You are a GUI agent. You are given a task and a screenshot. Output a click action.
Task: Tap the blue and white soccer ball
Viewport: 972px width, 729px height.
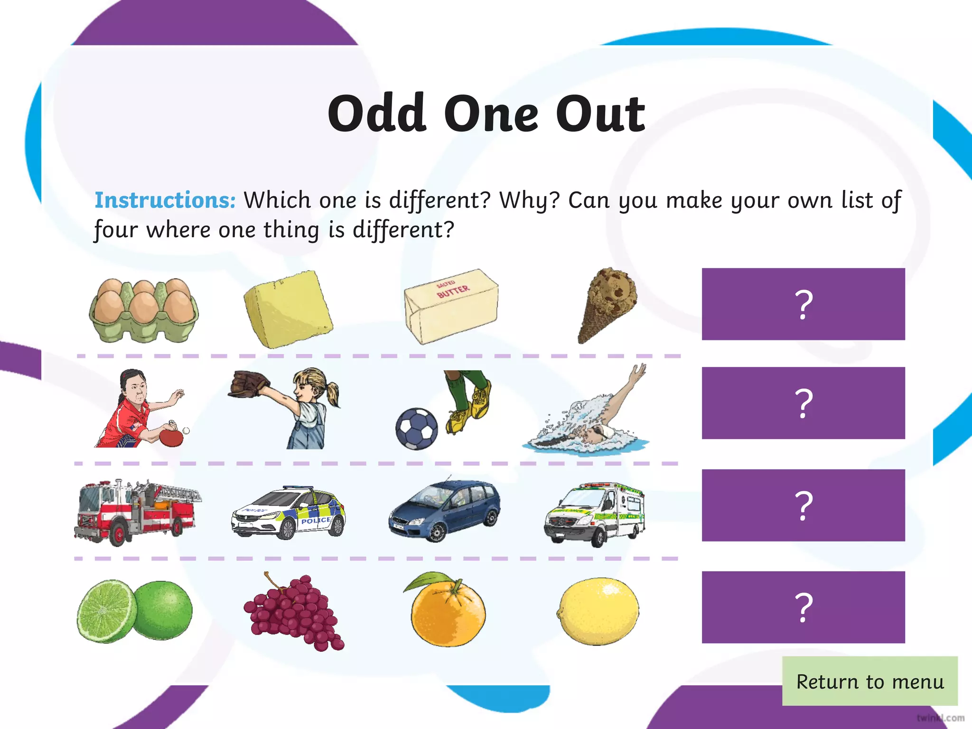pyautogui.click(x=416, y=428)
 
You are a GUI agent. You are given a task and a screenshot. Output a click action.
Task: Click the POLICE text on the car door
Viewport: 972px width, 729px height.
pyautogui.click(x=316, y=521)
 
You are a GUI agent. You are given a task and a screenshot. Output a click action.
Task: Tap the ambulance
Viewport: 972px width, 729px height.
pyautogui.click(x=595, y=514)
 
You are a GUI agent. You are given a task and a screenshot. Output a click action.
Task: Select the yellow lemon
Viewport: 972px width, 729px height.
pyautogui.click(x=598, y=611)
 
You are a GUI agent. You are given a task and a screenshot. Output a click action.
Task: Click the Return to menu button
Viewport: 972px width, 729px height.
pyautogui.click(x=869, y=681)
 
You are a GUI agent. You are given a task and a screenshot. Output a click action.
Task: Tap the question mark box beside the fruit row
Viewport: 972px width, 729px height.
pyautogui.click(x=803, y=607)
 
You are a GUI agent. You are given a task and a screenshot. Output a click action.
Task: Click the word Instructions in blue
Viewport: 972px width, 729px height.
pyautogui.click(x=165, y=200)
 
